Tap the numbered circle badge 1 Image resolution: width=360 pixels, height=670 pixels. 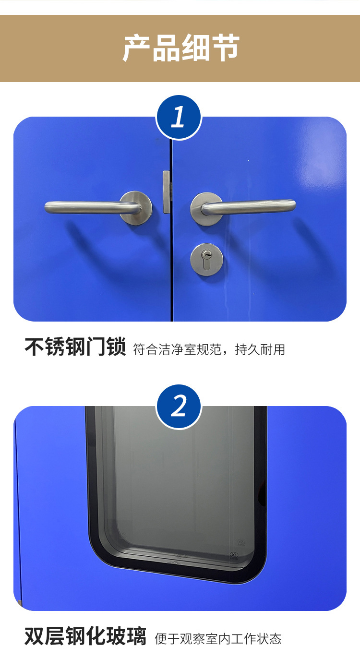179,118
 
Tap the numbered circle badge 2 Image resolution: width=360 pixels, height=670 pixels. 179,407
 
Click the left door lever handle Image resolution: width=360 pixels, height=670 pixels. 86,207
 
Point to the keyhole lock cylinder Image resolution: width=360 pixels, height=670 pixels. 206,259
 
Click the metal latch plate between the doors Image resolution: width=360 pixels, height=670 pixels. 167,192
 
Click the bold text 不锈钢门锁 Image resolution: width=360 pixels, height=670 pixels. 75,347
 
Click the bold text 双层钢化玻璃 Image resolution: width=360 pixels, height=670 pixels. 85,637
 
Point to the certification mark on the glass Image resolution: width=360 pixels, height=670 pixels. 234,555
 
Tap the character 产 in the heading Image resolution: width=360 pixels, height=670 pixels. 136,48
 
